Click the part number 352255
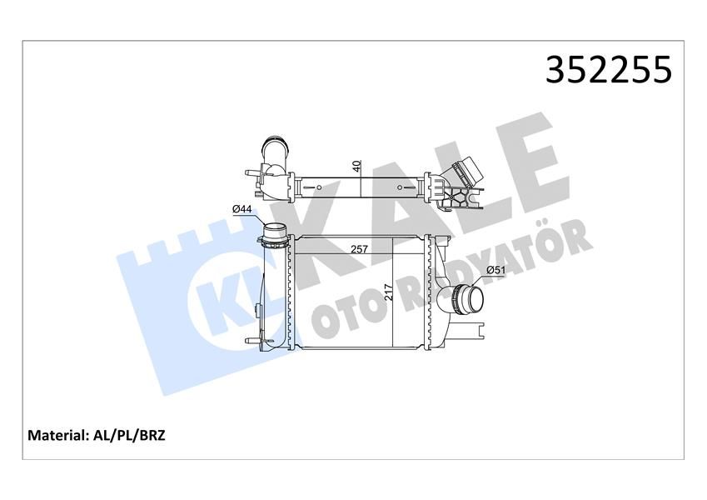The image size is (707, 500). coord(607,70)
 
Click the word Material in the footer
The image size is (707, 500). coord(57,435)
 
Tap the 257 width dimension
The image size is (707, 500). coord(360,249)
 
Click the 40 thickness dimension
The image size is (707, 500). coord(356,166)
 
